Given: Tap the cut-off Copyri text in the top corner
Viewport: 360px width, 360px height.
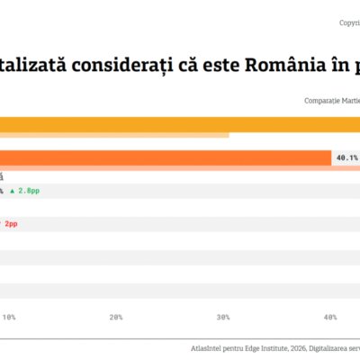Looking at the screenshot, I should pos(348,22).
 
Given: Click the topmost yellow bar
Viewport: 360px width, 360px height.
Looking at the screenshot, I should pos(180,124).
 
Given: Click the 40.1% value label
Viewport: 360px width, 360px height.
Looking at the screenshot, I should pos(346,157).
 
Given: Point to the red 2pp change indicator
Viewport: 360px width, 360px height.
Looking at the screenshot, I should pos(10,222).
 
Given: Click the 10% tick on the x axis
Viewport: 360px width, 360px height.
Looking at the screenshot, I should pos(9,317).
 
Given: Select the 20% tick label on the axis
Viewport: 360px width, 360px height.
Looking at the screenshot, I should pos(115,317).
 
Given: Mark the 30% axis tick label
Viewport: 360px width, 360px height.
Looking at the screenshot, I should pos(223,317).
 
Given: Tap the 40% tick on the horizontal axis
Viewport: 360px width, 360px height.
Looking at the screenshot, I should pos(330,317).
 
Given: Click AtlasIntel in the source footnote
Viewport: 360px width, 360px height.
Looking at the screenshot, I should pos(208,346).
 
